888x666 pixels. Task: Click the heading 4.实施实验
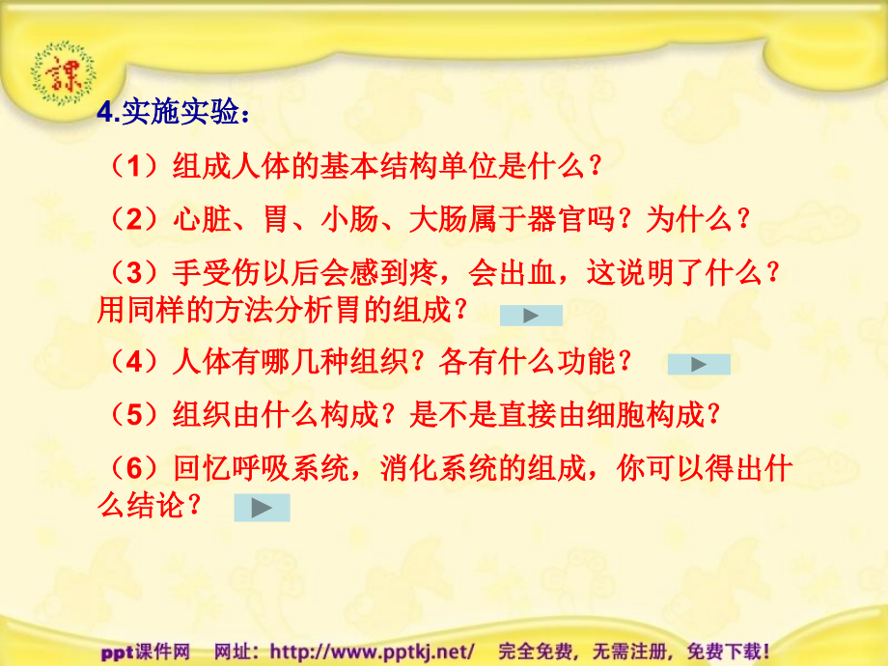[174, 115]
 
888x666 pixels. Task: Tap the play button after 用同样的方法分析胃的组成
[531, 315]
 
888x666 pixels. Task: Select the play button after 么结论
[262, 508]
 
